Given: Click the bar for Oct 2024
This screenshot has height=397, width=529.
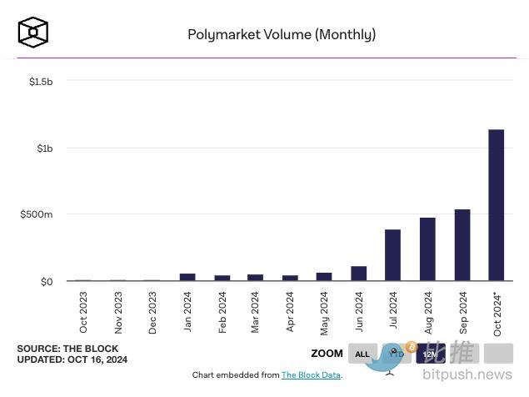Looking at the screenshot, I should pos(496,205).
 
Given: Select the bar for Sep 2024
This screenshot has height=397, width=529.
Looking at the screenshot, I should pos(462,245).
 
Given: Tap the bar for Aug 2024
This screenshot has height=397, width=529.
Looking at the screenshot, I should pos(427,249).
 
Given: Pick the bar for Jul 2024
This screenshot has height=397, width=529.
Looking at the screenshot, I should pos(392,255).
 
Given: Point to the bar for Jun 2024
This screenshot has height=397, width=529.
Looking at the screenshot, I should pos(358,274).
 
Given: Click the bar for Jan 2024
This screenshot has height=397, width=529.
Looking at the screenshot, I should pos(187,277).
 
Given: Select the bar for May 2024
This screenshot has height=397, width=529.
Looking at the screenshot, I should pos(324,277).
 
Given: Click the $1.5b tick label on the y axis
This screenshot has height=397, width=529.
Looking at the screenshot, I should pos(41,81).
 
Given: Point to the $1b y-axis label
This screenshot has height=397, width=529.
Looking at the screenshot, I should pos(45,148).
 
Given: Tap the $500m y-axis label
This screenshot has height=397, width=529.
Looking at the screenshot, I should pos(37,214).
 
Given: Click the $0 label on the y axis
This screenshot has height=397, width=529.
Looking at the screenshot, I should pos(47,281).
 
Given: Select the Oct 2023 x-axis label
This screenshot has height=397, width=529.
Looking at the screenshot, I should pos(83,313).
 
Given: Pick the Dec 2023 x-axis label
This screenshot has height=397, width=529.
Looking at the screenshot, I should pos(152,313).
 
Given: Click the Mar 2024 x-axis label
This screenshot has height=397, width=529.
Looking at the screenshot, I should pos(255,313).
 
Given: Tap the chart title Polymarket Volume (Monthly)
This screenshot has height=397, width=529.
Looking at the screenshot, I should pos(282,34).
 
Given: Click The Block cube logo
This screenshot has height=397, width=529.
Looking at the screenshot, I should pos(33,32).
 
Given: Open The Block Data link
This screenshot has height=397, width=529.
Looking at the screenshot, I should pos(312,375).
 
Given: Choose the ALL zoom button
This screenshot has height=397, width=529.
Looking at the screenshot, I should pos(362,354).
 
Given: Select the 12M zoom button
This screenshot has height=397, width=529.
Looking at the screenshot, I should pos(430,354).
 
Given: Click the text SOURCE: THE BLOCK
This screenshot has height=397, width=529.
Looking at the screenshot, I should pos(67,349).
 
